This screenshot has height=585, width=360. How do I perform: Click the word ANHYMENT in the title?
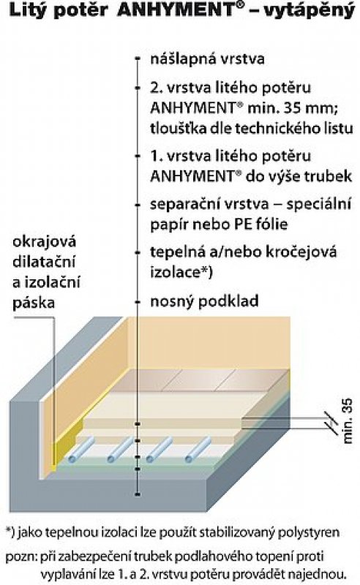point(176,10)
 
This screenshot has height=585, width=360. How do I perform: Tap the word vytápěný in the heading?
point(309,11)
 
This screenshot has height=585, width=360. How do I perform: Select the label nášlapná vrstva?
point(207,59)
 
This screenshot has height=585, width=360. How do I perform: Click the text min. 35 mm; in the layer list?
point(293,108)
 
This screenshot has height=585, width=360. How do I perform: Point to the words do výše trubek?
point(299,176)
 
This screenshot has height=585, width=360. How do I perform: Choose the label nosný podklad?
point(204,301)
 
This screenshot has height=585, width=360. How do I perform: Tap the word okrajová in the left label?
point(45,242)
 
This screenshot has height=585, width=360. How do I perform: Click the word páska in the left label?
point(34,303)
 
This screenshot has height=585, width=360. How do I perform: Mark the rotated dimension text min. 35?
point(347,421)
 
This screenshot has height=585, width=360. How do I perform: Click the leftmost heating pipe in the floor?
point(79,450)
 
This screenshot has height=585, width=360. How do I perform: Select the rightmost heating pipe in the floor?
point(198,450)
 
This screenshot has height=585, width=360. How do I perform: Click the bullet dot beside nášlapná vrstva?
point(138,58)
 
